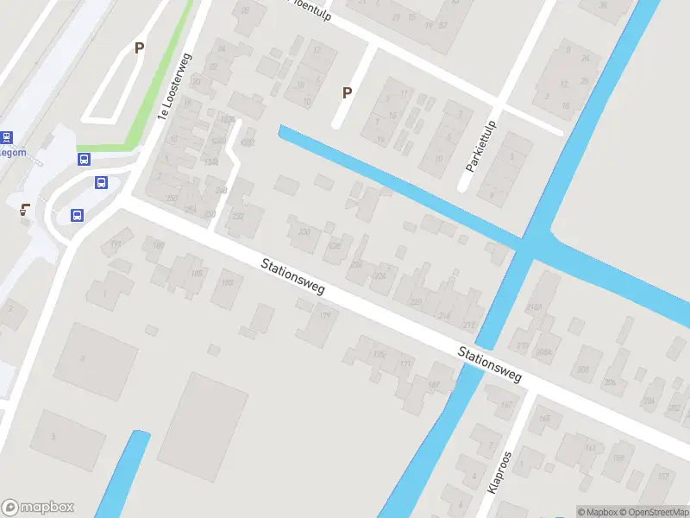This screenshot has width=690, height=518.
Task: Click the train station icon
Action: [x=7, y=137]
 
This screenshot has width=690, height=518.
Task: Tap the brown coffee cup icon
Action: [x=25, y=207]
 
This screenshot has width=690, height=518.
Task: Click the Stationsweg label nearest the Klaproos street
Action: [x=490, y=365]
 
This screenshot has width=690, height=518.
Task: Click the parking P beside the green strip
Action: [x=138, y=48]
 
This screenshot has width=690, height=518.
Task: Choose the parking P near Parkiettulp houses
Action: [x=348, y=92]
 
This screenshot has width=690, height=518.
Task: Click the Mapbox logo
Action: [x=38, y=508]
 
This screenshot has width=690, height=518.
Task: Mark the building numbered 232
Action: [x=237, y=217]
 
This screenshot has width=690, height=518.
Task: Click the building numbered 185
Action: [x=197, y=275]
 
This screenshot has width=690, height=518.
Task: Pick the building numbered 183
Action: [x=228, y=281]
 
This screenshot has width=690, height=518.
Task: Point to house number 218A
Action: [x=536, y=307]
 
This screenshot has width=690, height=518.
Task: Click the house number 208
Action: [x=584, y=370]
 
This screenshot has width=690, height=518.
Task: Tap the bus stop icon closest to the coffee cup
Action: [x=77, y=216]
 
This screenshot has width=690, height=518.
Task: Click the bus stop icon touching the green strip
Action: [x=85, y=159]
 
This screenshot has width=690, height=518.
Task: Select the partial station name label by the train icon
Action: [x=13, y=154]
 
